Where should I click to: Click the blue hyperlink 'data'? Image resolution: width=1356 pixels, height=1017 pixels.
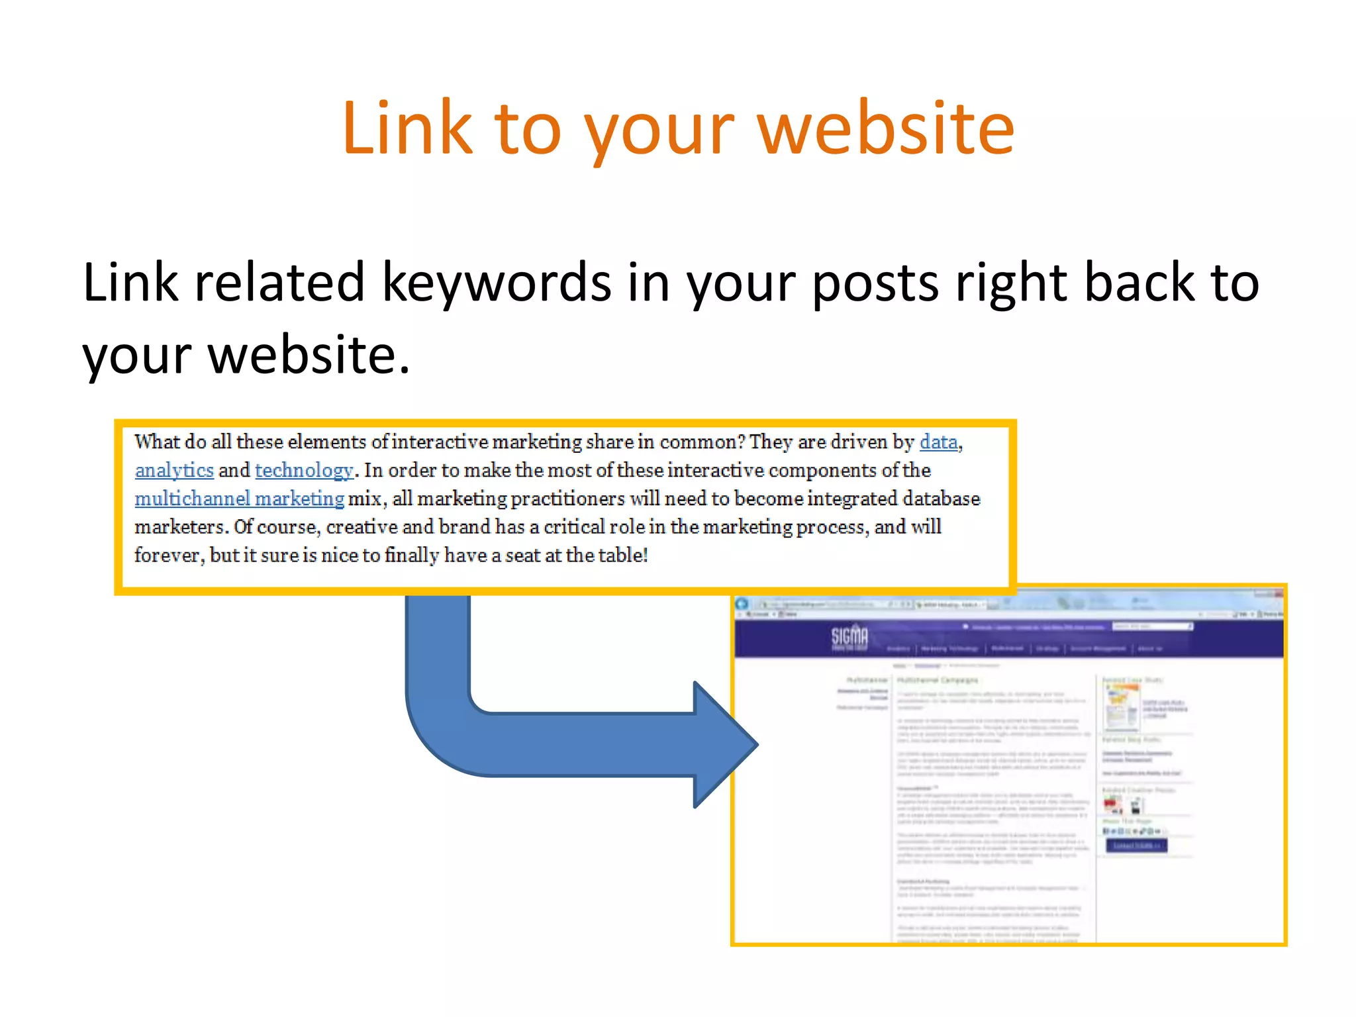click(938, 442)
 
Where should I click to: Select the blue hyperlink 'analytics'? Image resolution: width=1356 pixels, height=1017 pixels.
click(174, 470)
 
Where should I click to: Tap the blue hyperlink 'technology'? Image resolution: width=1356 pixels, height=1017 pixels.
click(304, 470)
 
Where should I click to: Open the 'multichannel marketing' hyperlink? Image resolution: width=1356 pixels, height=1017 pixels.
click(239, 499)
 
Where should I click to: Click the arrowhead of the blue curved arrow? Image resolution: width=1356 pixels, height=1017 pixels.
click(725, 744)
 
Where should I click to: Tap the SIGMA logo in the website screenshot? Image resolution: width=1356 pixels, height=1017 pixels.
click(849, 637)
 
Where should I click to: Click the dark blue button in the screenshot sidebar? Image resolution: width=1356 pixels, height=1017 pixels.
click(1136, 846)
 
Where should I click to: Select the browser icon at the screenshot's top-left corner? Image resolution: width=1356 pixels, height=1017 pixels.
click(742, 604)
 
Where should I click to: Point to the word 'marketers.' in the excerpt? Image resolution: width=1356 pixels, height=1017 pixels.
click(181, 527)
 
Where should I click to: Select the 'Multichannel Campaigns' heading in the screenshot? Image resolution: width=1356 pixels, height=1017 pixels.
click(938, 680)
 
